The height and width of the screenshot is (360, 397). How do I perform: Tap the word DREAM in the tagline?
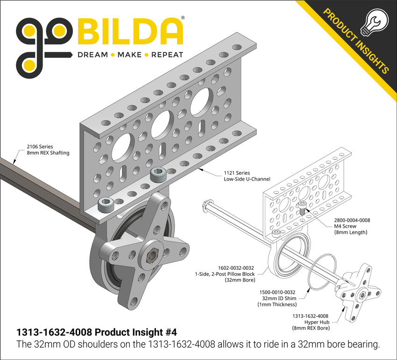[92, 55]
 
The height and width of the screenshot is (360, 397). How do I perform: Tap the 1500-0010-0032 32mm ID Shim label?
[275, 298]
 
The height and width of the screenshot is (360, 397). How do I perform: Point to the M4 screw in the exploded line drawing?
[302, 208]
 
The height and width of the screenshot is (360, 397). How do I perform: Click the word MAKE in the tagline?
[129, 55]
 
